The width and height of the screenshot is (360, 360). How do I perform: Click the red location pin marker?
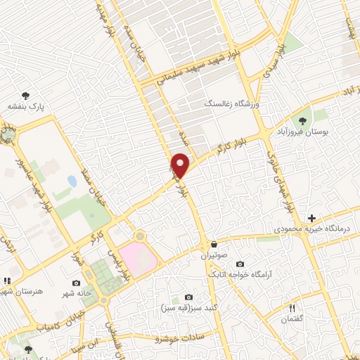[181, 165]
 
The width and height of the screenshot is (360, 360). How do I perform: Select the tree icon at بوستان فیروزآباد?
[304, 120]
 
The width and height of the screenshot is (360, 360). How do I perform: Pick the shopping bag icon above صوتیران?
[213, 244]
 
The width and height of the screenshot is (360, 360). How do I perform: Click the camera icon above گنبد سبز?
[188, 297]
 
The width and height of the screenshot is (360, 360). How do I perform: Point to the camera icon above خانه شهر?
[76, 283]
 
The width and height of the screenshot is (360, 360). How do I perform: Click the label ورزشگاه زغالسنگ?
[232, 104]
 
